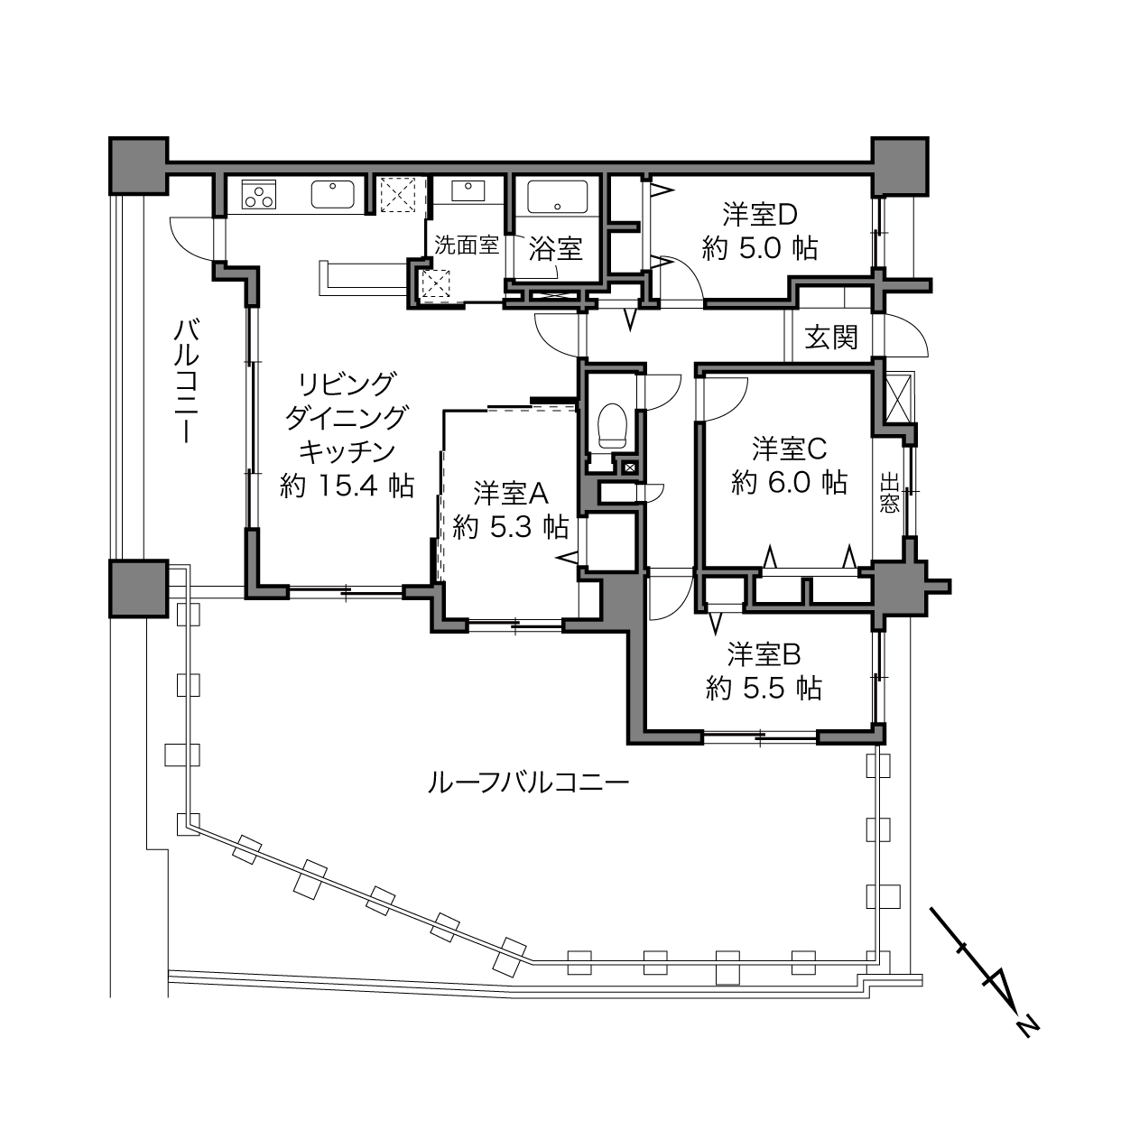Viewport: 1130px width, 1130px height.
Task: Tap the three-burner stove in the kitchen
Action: pyautogui.click(x=259, y=194)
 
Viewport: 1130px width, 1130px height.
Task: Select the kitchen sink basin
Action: pyautogui.click(x=332, y=194)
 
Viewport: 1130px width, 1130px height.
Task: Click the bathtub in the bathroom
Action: pyautogui.click(x=557, y=197)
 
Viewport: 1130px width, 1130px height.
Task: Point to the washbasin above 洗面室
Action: pyautogui.click(x=468, y=190)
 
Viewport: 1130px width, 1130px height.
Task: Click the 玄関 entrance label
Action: pyautogui.click(x=831, y=338)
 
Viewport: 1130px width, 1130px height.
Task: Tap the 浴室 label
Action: pyautogui.click(x=555, y=248)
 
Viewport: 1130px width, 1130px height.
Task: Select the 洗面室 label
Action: pyautogui.click(x=467, y=245)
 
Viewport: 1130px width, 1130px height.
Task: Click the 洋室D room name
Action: pyautogui.click(x=759, y=215)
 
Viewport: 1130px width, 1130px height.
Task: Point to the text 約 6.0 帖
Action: pyautogui.click(x=790, y=483)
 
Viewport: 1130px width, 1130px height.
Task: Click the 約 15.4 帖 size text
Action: pyautogui.click(x=347, y=486)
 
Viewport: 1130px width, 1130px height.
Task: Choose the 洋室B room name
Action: pyautogui.click(x=764, y=654)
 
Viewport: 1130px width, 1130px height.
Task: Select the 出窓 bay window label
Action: pyautogui.click(x=890, y=494)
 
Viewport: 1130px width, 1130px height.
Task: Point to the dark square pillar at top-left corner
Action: pyautogui.click(x=139, y=166)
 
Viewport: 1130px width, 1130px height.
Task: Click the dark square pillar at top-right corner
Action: pyautogui.click(x=900, y=166)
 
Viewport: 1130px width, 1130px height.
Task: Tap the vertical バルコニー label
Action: pyautogui.click(x=187, y=381)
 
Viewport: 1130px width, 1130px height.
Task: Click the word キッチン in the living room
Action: pyautogui.click(x=347, y=451)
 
